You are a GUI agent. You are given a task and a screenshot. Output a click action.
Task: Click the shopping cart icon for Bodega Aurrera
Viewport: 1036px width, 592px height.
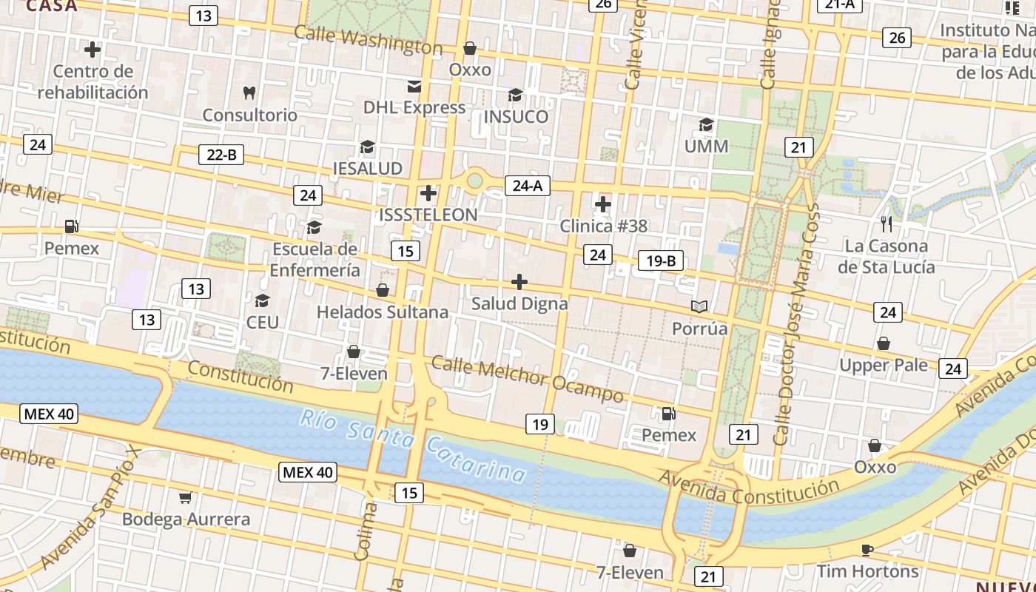(x=185, y=497)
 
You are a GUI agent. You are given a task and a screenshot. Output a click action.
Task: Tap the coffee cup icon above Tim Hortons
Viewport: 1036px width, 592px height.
(x=867, y=549)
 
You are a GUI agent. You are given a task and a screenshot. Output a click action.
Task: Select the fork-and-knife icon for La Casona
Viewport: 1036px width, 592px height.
(x=887, y=223)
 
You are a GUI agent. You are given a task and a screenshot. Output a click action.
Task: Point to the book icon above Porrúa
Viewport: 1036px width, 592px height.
(x=699, y=306)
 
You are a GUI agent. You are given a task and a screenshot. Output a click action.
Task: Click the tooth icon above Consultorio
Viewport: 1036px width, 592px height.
(x=249, y=92)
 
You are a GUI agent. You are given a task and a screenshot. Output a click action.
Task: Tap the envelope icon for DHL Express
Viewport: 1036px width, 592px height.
(x=414, y=86)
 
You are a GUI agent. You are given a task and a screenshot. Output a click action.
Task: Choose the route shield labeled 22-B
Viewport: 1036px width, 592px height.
(x=221, y=155)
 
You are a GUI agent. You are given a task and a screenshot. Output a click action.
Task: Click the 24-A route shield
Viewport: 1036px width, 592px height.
(x=527, y=185)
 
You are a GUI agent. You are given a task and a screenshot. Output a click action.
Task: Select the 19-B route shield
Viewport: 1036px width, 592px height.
(x=660, y=260)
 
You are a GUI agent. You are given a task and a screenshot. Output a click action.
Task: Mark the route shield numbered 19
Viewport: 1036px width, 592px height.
(x=540, y=424)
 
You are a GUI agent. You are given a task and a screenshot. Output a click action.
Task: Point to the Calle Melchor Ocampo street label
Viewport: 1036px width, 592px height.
(x=527, y=378)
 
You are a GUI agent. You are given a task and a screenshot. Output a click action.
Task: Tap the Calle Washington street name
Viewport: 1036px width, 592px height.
(x=368, y=40)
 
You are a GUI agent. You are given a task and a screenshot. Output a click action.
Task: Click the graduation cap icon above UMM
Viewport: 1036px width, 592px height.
(x=707, y=124)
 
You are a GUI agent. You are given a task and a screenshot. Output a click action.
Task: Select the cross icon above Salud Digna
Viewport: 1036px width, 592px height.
(x=519, y=282)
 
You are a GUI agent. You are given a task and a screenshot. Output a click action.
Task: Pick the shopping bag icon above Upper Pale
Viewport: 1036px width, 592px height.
(x=883, y=343)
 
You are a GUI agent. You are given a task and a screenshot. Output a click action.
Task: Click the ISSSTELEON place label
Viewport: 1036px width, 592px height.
(x=428, y=215)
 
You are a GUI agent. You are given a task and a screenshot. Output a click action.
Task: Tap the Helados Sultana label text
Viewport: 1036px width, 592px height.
(x=382, y=312)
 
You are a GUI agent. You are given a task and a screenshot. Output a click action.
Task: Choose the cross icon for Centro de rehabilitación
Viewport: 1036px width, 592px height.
(x=92, y=50)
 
